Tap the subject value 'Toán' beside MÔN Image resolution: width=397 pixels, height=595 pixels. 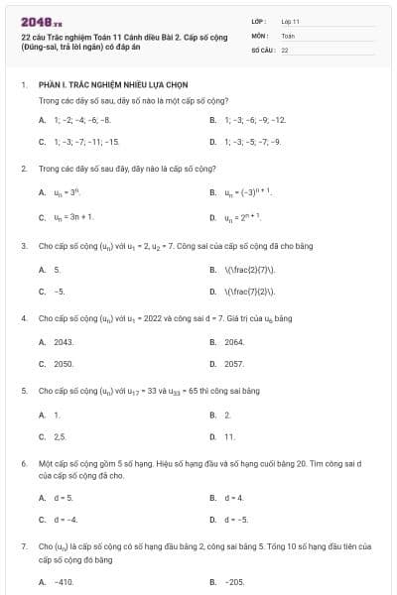point(288,35)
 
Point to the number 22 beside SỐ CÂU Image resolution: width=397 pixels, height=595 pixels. point(285,49)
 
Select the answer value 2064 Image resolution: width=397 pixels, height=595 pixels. point(234,342)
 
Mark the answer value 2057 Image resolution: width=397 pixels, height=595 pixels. point(234,364)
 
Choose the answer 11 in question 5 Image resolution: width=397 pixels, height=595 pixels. point(229,436)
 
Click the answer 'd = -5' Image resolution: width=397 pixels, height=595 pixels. point(236,520)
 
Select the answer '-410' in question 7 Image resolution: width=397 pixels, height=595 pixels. point(65,582)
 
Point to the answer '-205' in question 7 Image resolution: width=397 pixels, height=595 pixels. point(235,582)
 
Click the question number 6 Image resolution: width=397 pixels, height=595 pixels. point(23,463)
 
